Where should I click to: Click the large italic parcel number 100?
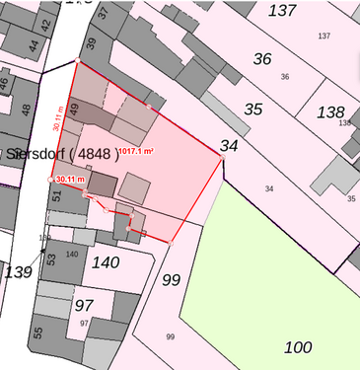tap(297, 347)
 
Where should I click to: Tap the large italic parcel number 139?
tap(19, 271)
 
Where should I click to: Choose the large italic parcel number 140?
tap(106, 263)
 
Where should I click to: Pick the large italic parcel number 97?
tap(85, 306)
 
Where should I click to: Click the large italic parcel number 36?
tap(262, 59)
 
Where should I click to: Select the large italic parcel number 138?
tap(331, 112)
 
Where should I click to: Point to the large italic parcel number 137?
tap(283, 11)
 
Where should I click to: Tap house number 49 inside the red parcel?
tap(73, 110)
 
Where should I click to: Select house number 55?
tap(38, 333)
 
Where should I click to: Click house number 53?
tap(50, 259)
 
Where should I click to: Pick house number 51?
tap(55, 194)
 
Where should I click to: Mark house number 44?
tap(33, 45)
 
